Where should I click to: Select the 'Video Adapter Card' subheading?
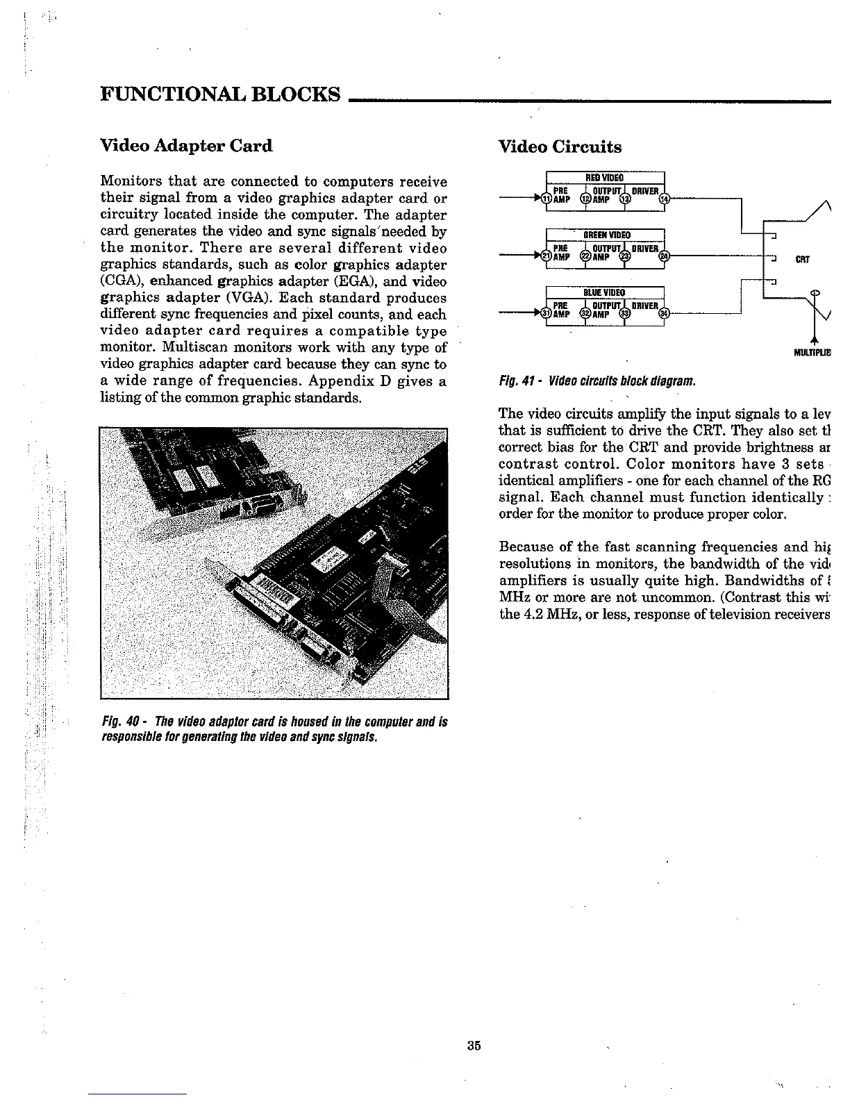pyautogui.click(x=186, y=146)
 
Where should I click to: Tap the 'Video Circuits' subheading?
pyautogui.click(x=560, y=147)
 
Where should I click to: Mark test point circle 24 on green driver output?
pyautogui.click(x=666, y=257)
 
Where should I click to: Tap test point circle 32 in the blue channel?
pyautogui.click(x=585, y=315)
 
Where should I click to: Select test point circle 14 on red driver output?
pyautogui.click(x=666, y=199)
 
